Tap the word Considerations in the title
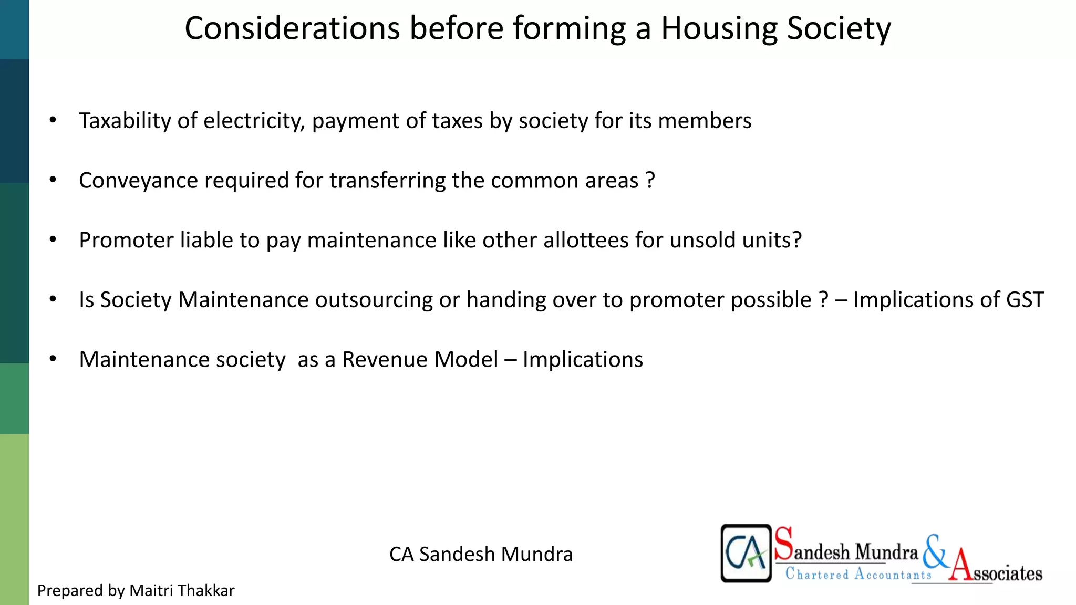(x=292, y=28)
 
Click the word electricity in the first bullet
(x=254, y=121)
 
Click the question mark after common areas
(x=650, y=181)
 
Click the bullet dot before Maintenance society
(x=53, y=359)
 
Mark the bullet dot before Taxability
(x=53, y=120)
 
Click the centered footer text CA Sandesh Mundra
(x=481, y=554)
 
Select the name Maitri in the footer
(x=151, y=591)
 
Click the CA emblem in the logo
(x=746, y=553)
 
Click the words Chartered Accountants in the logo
(x=857, y=573)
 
